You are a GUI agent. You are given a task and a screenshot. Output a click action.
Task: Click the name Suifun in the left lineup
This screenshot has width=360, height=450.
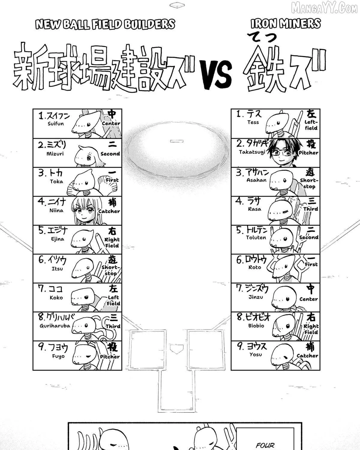(55, 124)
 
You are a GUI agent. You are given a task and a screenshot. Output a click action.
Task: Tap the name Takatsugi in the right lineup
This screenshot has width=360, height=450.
(252, 152)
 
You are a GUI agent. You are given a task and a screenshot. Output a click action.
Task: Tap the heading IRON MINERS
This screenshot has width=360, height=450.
(286, 24)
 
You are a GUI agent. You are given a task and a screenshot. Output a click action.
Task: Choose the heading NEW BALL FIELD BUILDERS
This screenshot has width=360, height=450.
(105, 24)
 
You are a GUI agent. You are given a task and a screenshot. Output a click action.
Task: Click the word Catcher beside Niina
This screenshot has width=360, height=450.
(109, 211)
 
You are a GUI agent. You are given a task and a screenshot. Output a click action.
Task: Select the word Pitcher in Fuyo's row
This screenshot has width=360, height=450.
(110, 357)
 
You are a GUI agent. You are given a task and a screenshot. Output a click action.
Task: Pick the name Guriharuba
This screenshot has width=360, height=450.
(55, 326)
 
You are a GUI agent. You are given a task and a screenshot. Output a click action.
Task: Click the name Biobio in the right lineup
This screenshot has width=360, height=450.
(256, 325)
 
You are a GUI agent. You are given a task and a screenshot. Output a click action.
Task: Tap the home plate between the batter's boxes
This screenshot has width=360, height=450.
(177, 349)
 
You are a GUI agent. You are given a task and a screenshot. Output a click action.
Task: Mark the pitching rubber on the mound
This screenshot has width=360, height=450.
(177, 141)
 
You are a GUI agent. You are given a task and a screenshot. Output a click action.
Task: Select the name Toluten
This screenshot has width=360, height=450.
(256, 238)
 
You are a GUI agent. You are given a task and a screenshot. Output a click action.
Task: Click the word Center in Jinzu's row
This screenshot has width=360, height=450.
(308, 299)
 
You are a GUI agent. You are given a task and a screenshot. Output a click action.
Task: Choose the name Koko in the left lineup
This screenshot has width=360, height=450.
(56, 298)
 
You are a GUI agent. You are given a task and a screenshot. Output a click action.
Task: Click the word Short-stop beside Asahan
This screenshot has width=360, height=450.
(309, 183)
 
